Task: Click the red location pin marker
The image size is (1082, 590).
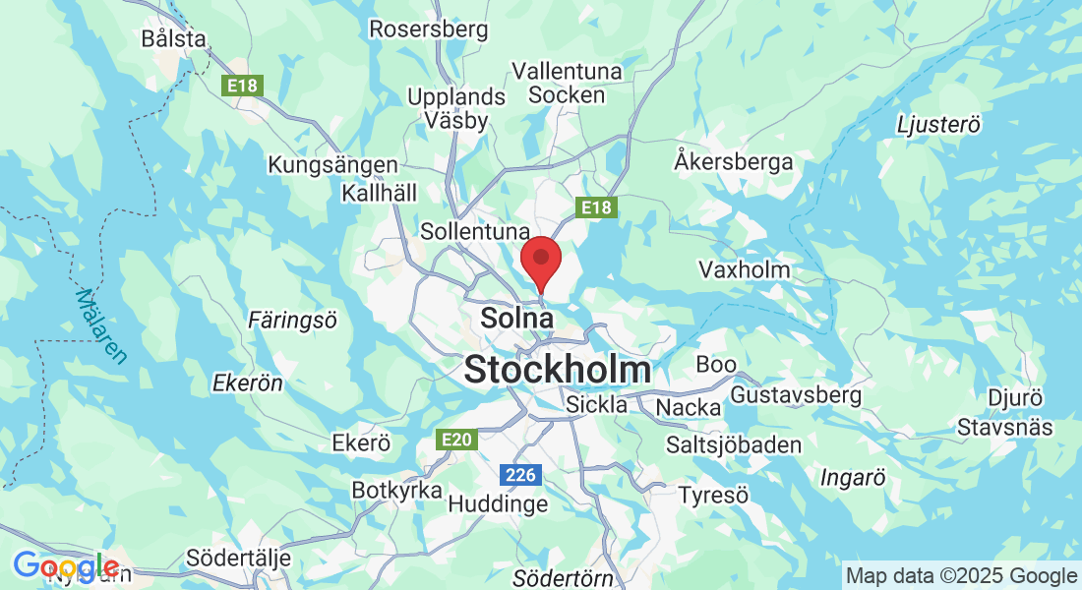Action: click(540, 260)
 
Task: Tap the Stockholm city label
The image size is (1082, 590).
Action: click(557, 370)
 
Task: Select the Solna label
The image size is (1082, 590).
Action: click(516, 319)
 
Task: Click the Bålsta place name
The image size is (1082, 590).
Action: click(173, 39)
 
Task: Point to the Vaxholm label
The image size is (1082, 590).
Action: click(744, 269)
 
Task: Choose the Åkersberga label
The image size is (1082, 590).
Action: click(734, 161)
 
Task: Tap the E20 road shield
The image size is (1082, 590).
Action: click(457, 440)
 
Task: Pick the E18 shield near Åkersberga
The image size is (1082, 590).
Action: click(595, 207)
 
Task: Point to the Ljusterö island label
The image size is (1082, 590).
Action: click(939, 125)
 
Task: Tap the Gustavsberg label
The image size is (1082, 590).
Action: click(796, 395)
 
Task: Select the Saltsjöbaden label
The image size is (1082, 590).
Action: click(734, 444)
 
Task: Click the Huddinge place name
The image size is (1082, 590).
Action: click(498, 503)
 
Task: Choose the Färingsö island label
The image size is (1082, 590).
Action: click(292, 320)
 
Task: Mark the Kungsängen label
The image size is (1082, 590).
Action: click(333, 165)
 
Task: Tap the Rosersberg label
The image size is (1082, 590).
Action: click(428, 29)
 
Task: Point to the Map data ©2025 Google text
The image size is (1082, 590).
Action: click(962, 576)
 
